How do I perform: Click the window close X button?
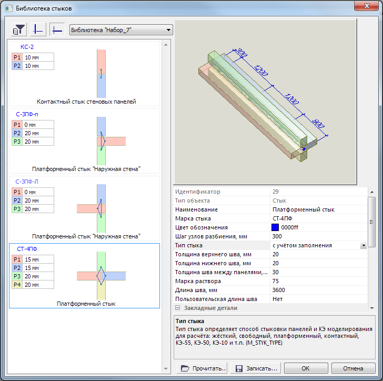[x=366, y=6]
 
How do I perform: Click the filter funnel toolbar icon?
[x=18, y=29]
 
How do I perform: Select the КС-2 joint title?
[x=27, y=47]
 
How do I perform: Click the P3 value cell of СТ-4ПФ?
[x=38, y=276]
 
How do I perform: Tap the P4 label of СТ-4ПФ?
[x=17, y=285]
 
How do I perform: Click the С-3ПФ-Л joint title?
[x=27, y=182]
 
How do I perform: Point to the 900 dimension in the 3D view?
[x=318, y=124]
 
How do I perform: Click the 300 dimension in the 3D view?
[x=240, y=53]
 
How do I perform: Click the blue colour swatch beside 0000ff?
[x=275, y=227]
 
